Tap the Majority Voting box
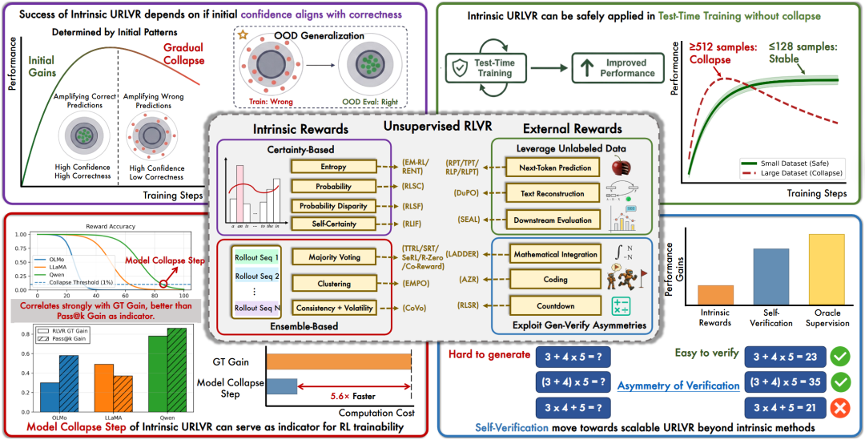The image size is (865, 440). click(x=328, y=257)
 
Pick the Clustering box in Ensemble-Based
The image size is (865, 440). click(x=328, y=283)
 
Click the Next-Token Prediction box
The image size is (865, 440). click(x=553, y=168)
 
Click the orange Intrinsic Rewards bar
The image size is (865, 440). click(x=715, y=294)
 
